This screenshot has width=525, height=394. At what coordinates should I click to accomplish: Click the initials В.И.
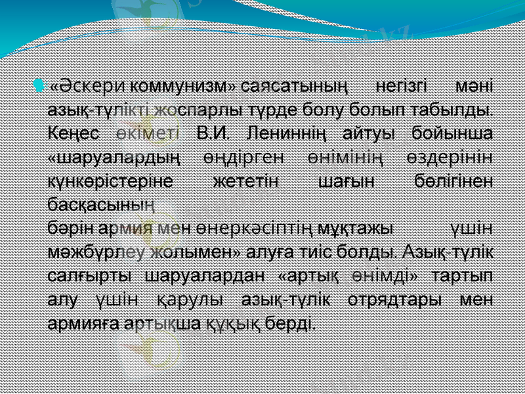coord(215,133)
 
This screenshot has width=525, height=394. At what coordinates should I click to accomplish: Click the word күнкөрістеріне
coord(110,181)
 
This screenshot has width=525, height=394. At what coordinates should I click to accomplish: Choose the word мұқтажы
coord(355,228)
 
